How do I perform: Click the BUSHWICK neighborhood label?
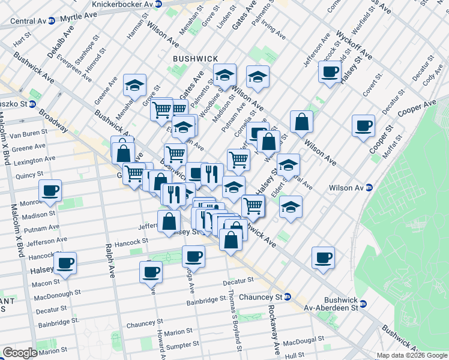click(x=195, y=58)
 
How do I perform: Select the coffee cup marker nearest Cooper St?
click(x=363, y=126)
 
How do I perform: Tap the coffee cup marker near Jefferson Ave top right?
click(x=329, y=72)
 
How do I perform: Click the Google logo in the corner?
click(x=19, y=353)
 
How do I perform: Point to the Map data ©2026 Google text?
click(x=412, y=355)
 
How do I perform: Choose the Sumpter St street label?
click(x=181, y=345)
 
